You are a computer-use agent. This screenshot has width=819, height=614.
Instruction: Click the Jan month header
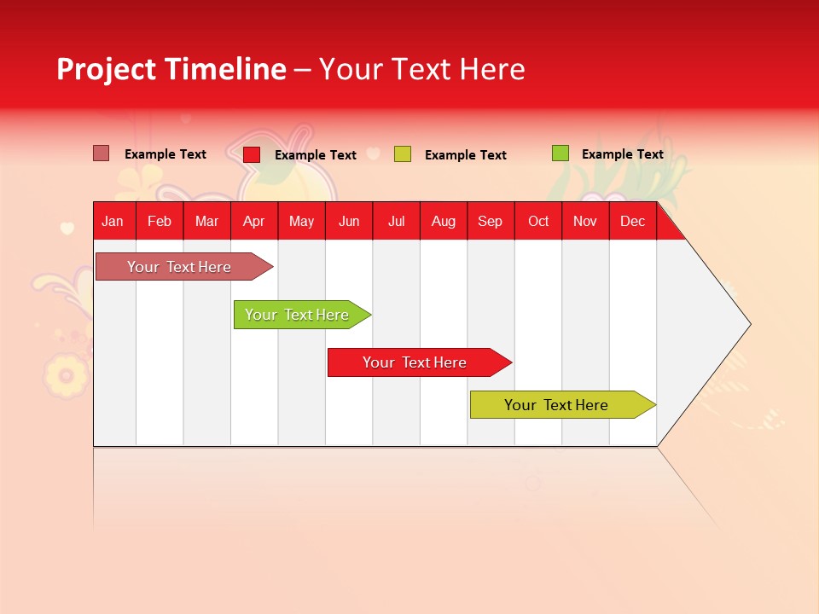113,221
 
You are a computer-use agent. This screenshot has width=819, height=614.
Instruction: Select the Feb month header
160,221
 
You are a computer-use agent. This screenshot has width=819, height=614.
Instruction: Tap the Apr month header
254,221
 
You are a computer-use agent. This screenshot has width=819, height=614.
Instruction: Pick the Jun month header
349,221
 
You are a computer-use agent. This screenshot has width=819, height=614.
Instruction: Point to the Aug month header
444,221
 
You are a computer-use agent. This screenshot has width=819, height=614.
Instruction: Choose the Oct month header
538,221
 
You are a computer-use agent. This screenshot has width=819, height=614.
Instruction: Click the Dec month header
633,221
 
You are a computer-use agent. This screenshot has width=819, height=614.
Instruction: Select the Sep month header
491,221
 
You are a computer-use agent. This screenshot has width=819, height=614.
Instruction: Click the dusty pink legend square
102,153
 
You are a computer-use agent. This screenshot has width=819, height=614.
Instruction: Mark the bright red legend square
252,154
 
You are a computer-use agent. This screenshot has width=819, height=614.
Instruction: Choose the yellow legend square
403,154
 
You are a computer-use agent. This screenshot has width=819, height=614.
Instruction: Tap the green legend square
560,153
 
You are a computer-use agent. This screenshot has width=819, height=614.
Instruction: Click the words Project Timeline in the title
171,69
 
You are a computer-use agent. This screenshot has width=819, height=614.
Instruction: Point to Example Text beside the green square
622,154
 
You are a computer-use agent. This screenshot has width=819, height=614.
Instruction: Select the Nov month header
585,221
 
